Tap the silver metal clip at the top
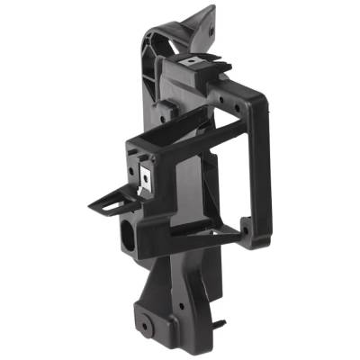(192, 62)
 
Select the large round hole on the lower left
(127, 237)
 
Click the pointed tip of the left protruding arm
(90, 206)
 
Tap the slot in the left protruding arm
(110, 206)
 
